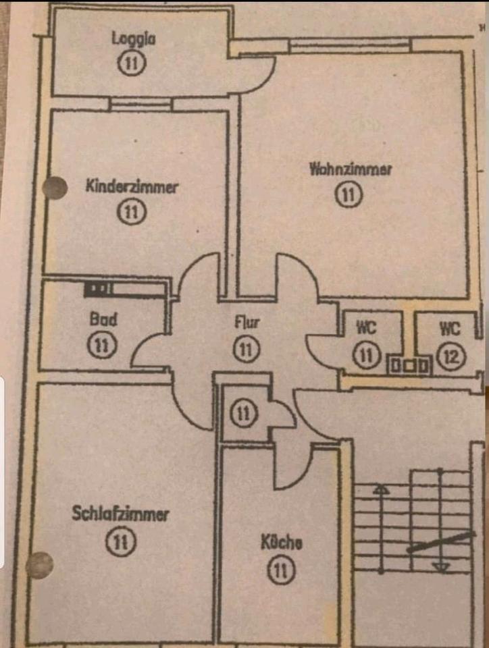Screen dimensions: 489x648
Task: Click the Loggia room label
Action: tap(134, 38)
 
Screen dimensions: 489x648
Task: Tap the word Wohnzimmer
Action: tap(350, 169)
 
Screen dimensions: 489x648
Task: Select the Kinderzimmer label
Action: tap(132, 187)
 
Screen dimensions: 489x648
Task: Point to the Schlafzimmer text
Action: tap(120, 514)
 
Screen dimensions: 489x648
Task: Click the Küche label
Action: tap(282, 542)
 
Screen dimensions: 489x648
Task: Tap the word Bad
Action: tap(103, 319)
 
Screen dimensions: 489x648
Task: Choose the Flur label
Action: tap(247, 322)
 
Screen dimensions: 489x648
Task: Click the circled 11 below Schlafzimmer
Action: tap(122, 541)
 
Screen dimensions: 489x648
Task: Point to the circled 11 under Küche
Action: tap(282, 572)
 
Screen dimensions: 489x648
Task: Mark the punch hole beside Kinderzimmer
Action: tap(55, 188)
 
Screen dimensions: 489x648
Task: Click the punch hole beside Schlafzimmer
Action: tap(39, 565)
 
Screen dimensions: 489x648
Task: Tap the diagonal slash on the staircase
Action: tap(440, 542)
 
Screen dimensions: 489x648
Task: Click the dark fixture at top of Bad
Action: tap(99, 289)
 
